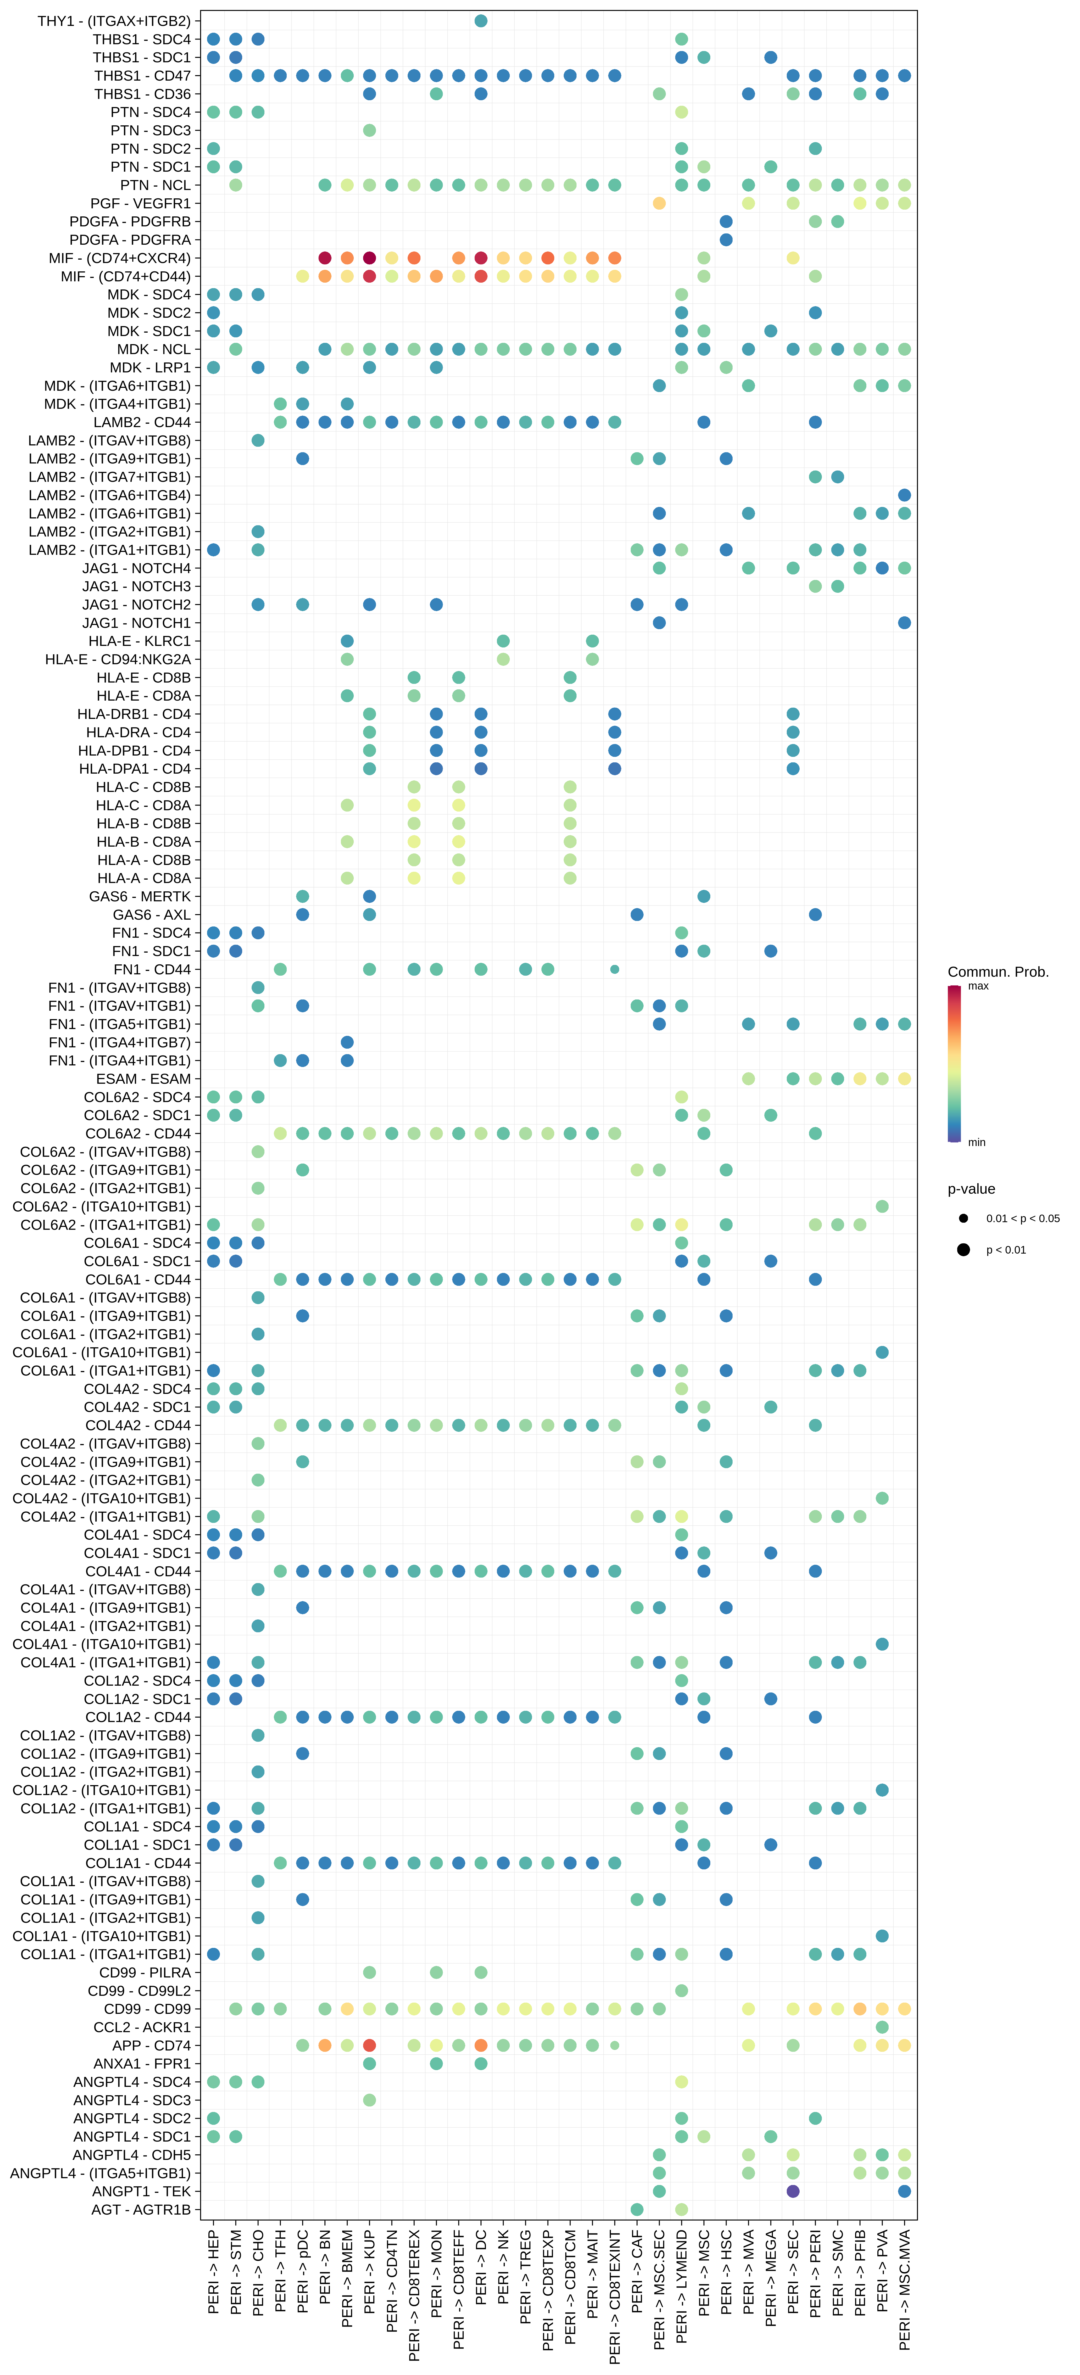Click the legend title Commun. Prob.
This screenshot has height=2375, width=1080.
998,972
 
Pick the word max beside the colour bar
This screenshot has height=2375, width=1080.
978,986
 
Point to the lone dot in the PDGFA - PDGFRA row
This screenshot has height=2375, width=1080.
726,240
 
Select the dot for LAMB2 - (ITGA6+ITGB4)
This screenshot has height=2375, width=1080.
905,495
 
